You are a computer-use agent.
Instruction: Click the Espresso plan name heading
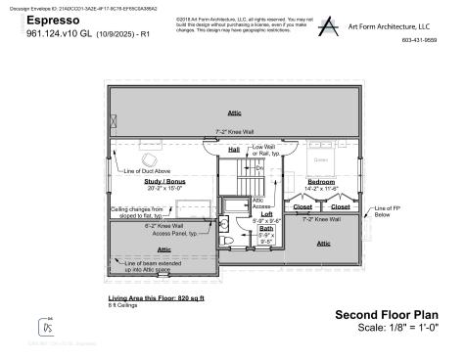[x=47, y=20]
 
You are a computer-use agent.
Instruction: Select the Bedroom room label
[x=321, y=182]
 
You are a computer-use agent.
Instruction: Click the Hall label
[x=234, y=150]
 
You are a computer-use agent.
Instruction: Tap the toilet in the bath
[x=227, y=239]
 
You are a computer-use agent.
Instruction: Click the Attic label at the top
[x=234, y=112]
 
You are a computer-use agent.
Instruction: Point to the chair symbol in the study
[x=152, y=159]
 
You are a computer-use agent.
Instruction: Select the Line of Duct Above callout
[x=145, y=173]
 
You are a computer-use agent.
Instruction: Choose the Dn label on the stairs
[x=259, y=168]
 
